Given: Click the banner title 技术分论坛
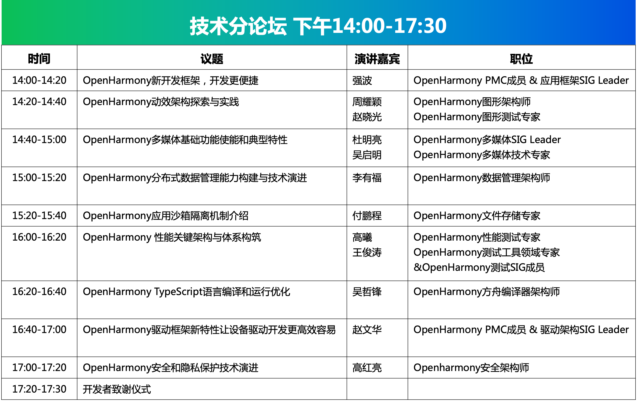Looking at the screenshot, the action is [x=238, y=26].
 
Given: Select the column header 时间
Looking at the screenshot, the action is [x=39, y=59].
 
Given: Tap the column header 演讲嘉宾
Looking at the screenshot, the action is [x=377, y=59].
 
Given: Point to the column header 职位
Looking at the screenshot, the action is [x=521, y=59].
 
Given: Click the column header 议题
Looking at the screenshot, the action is [x=212, y=59].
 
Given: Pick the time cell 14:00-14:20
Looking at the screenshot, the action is [x=39, y=80].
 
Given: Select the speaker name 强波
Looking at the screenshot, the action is [x=362, y=81].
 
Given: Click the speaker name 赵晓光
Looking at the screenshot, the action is [x=367, y=117].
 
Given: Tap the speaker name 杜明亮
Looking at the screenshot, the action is [x=367, y=140].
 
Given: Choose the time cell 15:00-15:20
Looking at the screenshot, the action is [x=39, y=178].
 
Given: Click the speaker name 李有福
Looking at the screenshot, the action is [x=367, y=178].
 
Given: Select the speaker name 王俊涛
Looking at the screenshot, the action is [x=367, y=252].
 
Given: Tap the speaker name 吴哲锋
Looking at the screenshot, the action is [x=367, y=292].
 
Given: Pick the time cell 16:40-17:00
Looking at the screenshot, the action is [x=39, y=330].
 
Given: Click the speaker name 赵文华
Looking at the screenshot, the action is [x=367, y=330].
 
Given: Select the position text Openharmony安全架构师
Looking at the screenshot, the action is [x=471, y=368].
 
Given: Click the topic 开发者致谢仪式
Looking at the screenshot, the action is [x=117, y=389].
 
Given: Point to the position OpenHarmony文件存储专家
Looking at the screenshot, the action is [x=477, y=216].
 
